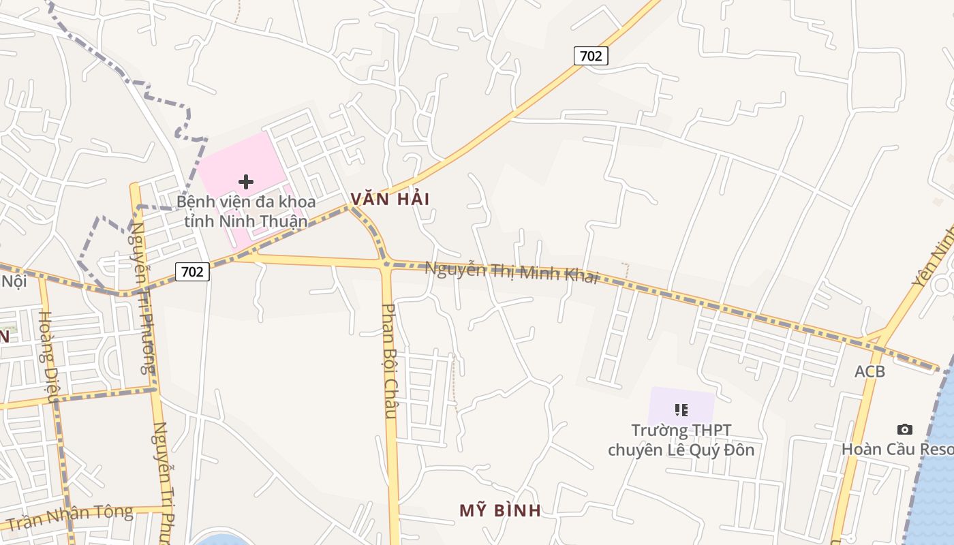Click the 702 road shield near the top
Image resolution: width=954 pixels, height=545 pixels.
[x=590, y=56]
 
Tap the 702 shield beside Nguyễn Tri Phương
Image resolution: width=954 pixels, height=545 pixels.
[x=192, y=272]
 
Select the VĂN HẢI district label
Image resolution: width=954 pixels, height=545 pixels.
[x=390, y=199]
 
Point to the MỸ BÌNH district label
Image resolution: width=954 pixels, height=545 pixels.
[x=500, y=510]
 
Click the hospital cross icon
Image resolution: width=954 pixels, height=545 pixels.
[x=246, y=182]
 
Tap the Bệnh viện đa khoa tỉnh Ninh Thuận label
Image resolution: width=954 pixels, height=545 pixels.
[x=246, y=212]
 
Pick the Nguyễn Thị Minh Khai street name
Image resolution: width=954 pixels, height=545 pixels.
[x=512, y=272]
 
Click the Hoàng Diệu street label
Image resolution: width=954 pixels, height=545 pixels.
[x=49, y=357]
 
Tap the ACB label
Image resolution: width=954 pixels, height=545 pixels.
[x=870, y=371]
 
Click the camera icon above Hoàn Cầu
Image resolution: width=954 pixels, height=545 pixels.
[x=904, y=429]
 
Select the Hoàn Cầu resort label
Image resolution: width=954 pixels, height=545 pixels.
[x=897, y=450]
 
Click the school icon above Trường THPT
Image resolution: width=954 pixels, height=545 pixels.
[x=681, y=409]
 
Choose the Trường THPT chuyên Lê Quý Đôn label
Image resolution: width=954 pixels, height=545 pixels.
[x=681, y=440]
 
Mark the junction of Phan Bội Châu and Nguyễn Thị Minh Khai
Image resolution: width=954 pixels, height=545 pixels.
[x=386, y=264]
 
